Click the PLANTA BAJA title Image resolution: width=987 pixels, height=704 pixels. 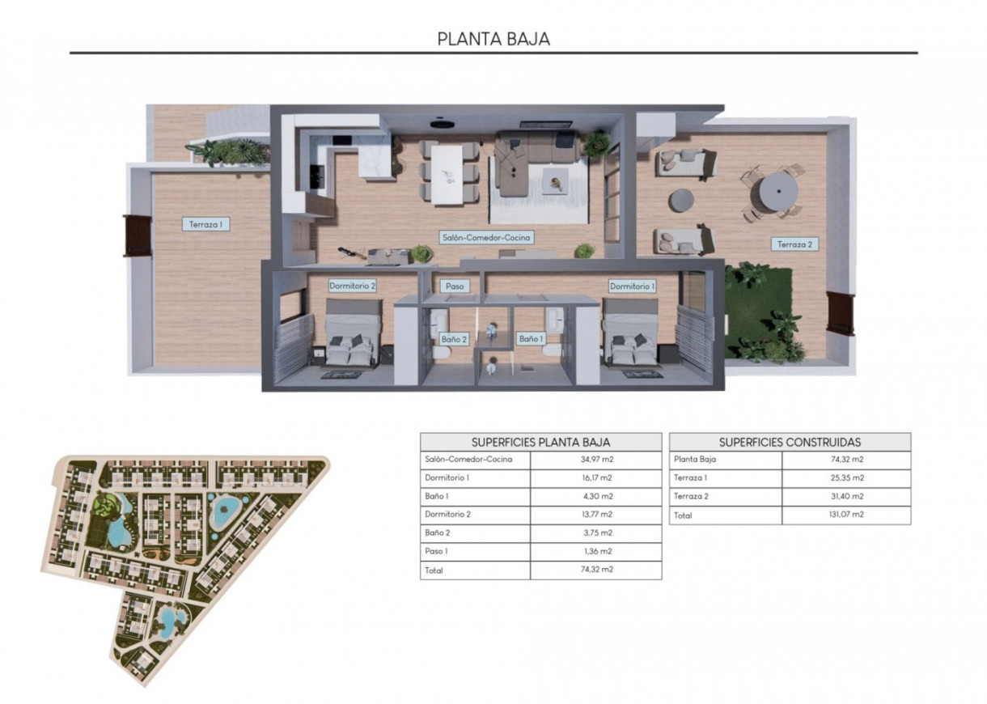point(493,39)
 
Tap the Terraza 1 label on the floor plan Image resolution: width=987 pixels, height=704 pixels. point(206,225)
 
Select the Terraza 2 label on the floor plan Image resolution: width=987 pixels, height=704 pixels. point(794,244)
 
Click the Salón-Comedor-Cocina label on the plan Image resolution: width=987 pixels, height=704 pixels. point(487,238)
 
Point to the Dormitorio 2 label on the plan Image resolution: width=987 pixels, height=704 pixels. point(352,286)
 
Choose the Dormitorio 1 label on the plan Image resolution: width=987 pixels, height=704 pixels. point(632,286)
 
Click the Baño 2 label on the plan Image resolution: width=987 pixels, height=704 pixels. point(453,339)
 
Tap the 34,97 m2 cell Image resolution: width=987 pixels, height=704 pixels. point(595,460)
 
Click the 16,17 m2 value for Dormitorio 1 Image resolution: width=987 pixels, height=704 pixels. point(595,478)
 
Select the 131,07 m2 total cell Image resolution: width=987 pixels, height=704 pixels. point(846,515)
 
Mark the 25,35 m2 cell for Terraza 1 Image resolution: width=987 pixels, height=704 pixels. point(846,478)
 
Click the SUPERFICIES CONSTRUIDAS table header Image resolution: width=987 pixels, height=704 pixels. point(790,442)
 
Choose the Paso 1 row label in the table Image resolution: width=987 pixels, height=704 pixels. point(438,552)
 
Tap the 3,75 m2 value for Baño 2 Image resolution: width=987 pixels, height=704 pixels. point(595,533)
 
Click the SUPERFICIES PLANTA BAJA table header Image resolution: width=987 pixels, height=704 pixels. point(540,442)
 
